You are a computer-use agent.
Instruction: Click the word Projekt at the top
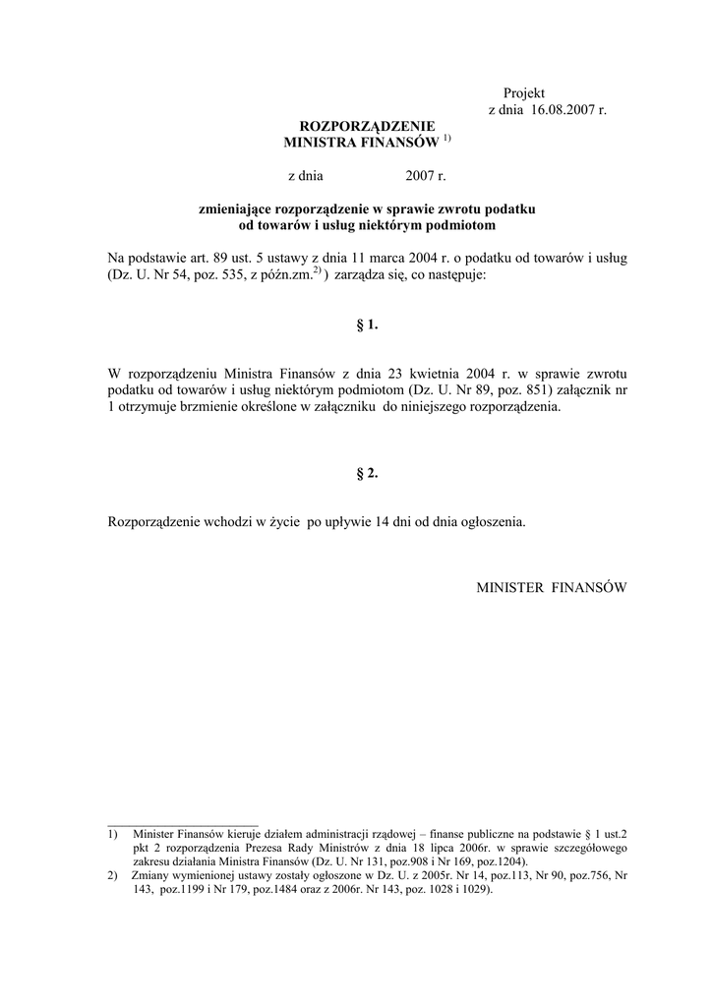pyautogui.click(x=523, y=92)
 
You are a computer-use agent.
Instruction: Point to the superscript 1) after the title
pyautogui.click(x=445, y=139)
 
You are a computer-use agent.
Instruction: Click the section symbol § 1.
pyautogui.click(x=366, y=324)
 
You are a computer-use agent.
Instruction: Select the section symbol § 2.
pyautogui.click(x=366, y=473)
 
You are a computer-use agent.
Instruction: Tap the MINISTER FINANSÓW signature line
pyautogui.click(x=551, y=587)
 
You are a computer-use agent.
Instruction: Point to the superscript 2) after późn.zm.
pyautogui.click(x=318, y=269)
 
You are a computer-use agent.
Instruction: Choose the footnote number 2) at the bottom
pyautogui.click(x=113, y=874)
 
